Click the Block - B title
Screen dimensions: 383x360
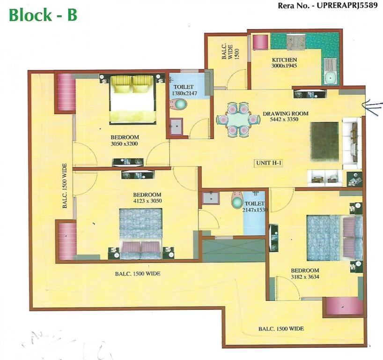[43, 15]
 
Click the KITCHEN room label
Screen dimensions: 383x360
[284, 60]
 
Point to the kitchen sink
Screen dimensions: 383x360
[331, 71]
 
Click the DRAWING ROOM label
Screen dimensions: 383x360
[285, 114]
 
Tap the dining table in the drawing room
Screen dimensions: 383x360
[237, 120]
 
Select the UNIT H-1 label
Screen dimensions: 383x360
[268, 163]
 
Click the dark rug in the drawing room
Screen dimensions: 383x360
[324, 142]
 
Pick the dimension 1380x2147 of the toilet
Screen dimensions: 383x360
[184, 93]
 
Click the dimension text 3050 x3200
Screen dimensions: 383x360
[124, 144]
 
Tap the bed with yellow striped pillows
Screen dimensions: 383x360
[133, 99]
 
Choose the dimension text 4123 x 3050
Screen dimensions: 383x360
[147, 201]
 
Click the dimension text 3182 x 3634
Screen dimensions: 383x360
[305, 277]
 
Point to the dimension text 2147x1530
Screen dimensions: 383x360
[255, 210]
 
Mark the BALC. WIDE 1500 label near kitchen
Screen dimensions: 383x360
[230, 52]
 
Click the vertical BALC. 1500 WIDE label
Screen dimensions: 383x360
[65, 186]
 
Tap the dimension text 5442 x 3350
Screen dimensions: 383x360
[284, 120]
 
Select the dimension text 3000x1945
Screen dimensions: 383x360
[284, 66]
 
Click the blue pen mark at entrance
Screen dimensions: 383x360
[372, 106]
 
